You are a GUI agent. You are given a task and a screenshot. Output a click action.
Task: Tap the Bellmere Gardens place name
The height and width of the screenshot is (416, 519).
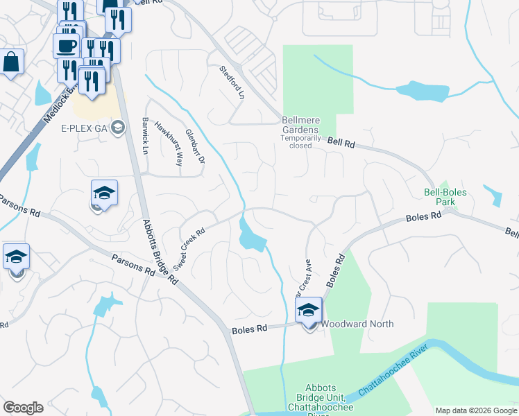point(300,125)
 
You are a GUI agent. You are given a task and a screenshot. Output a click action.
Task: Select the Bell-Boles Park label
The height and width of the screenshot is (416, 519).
point(445,198)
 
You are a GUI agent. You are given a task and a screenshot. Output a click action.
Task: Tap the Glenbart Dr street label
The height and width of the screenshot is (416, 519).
point(196,146)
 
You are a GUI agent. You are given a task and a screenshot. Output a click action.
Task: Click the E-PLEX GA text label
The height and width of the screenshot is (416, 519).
point(85,128)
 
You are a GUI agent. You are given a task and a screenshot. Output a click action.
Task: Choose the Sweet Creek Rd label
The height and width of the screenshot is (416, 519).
point(190,250)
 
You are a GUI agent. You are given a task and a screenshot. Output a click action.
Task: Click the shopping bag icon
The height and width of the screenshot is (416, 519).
point(12,62)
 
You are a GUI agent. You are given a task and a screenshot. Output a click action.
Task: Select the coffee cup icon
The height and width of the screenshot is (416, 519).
point(66,46)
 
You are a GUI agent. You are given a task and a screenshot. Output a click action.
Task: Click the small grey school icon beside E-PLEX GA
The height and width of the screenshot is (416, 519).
point(118,127)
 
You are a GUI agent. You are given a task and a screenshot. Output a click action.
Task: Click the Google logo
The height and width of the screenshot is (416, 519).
point(23,407)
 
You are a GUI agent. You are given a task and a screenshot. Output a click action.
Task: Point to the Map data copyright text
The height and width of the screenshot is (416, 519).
point(476,410)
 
